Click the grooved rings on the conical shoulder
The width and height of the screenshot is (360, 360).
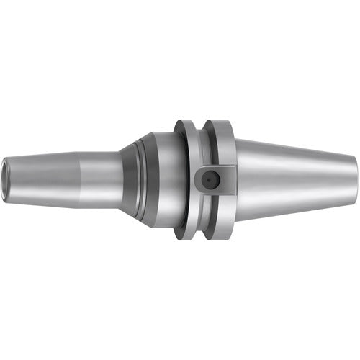144,178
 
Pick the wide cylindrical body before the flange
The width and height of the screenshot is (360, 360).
162,178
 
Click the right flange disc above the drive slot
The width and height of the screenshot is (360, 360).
220,140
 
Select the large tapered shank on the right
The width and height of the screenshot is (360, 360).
295,178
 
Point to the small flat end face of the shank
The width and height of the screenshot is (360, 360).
355,178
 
